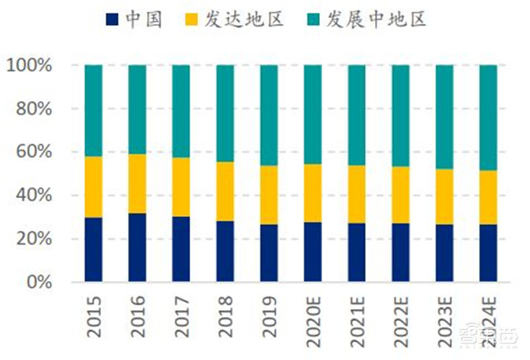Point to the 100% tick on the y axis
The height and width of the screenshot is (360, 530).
29,66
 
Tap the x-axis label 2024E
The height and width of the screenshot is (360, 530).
489,322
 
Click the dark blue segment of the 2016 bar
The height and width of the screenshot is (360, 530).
137,247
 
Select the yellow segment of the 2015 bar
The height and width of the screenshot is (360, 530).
93,187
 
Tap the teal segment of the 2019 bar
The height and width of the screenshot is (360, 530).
269,115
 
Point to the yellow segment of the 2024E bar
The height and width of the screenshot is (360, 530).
488,198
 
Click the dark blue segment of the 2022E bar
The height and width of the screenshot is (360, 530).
401,253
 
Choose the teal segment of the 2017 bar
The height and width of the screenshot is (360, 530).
181,111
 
